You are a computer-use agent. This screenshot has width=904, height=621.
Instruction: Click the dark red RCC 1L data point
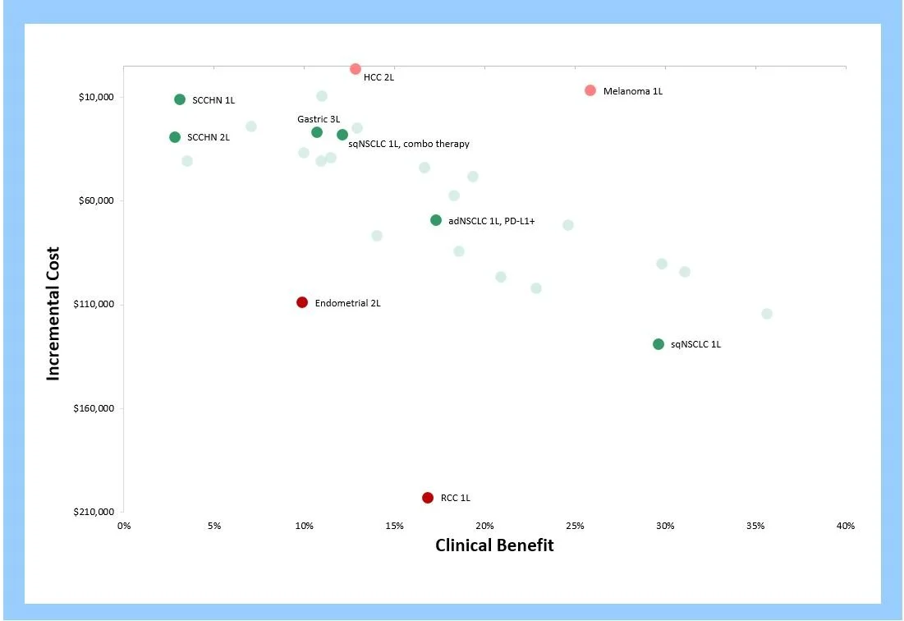pyautogui.click(x=427, y=498)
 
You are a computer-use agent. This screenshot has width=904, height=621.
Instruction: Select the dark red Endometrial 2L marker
pyautogui.click(x=302, y=302)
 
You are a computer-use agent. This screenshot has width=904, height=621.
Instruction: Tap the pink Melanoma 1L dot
pyautogui.click(x=590, y=90)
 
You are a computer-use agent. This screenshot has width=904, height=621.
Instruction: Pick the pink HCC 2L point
pyautogui.click(x=356, y=69)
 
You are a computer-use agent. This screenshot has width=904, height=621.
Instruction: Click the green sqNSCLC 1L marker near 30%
pyautogui.click(x=658, y=344)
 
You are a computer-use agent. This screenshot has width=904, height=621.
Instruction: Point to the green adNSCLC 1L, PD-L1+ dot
pyautogui.click(x=436, y=220)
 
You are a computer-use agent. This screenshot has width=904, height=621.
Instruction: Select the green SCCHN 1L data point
pyautogui.click(x=180, y=99)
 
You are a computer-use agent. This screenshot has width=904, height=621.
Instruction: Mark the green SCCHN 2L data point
pyautogui.click(x=175, y=137)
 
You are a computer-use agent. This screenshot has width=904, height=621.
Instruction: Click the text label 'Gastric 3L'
pyautogui.click(x=319, y=119)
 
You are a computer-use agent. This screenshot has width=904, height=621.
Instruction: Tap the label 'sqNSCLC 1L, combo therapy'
pyautogui.click(x=409, y=145)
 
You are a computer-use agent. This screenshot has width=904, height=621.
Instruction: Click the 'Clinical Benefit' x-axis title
pyautogui.click(x=494, y=545)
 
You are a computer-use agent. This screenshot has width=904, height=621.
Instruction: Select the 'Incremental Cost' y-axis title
pyautogui.click(x=53, y=314)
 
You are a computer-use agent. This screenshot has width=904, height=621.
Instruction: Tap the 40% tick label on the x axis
pyautogui.click(x=845, y=526)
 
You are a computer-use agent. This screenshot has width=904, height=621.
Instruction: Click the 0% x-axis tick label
pyautogui.click(x=124, y=526)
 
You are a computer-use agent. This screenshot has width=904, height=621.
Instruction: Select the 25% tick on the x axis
pyautogui.click(x=575, y=526)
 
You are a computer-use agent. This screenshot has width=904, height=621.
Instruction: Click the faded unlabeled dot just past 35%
pyautogui.click(x=767, y=314)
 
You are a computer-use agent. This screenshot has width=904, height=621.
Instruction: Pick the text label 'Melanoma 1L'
pyautogui.click(x=632, y=91)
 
